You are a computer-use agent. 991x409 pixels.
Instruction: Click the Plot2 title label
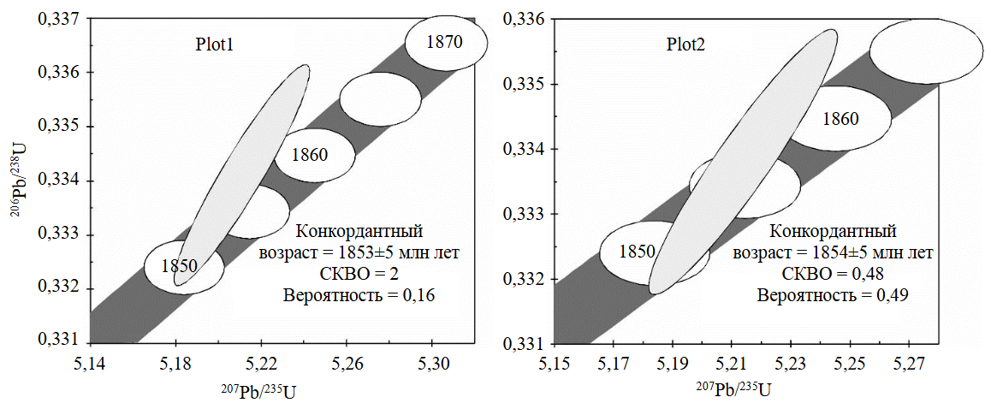[686, 45]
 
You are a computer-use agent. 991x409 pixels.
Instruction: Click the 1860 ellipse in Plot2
[840, 119]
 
